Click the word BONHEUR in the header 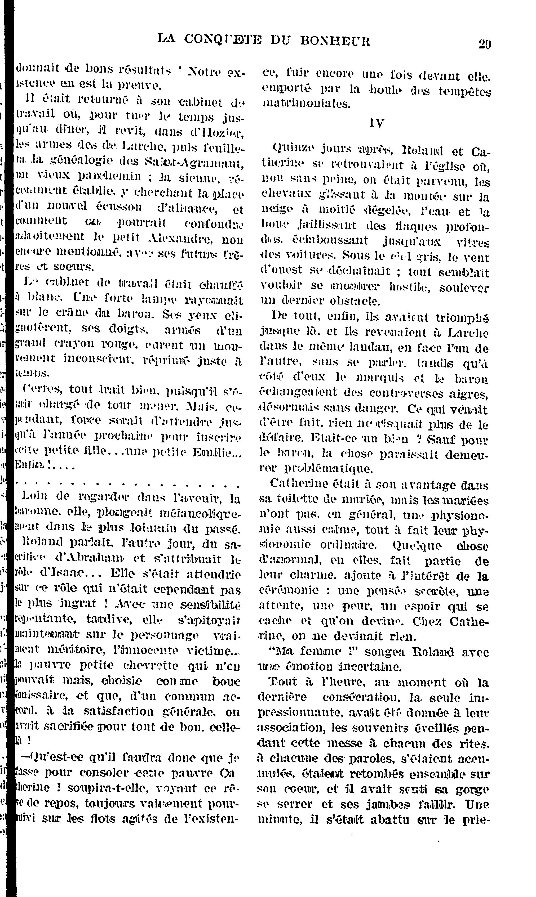tap(335, 41)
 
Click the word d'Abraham tap(94, 559)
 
